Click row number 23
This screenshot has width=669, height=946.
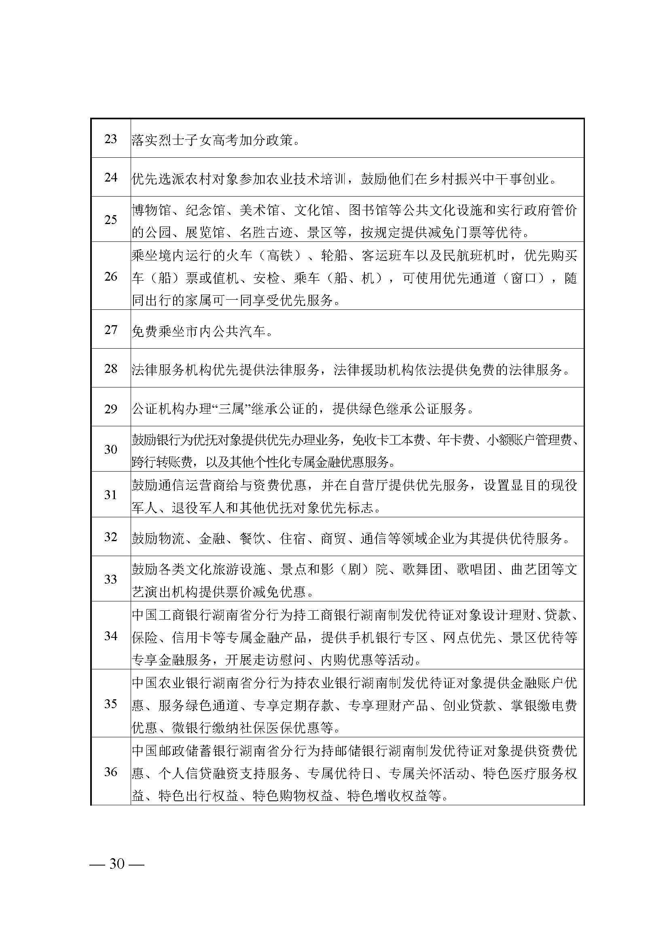pyautogui.click(x=110, y=139)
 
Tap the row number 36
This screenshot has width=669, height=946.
pyautogui.click(x=110, y=772)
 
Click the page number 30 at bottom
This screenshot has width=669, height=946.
pyautogui.click(x=116, y=863)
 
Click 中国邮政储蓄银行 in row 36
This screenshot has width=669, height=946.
pyautogui.click(x=185, y=751)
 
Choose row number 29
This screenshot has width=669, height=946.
pyautogui.click(x=110, y=409)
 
